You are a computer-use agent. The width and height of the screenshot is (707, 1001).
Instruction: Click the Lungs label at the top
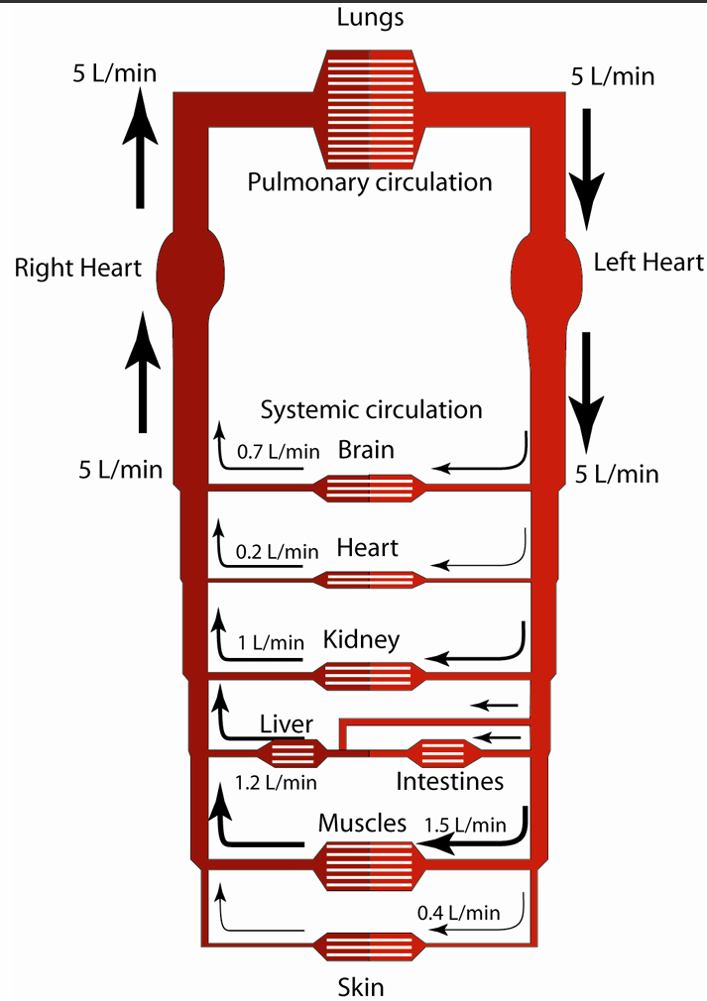pos(369,18)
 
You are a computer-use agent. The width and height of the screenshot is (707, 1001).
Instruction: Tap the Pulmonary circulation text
pos(369,182)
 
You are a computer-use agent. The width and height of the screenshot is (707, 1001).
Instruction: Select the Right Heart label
pos(78,267)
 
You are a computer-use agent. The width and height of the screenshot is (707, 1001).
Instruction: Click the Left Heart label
pos(648,262)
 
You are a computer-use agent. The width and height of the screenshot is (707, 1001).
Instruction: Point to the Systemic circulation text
pos(371,409)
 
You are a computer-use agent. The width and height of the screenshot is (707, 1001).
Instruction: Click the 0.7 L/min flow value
pos(278,452)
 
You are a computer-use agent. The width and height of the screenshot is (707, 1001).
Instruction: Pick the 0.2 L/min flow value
pos(278,551)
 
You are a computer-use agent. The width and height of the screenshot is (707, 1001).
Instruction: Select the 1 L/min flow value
pos(271,642)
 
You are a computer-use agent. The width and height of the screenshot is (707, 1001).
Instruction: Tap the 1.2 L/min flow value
pos(276,783)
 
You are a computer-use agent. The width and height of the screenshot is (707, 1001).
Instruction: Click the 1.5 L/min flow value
pos(465,825)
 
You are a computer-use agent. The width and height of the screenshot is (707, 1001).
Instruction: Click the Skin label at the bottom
pos(360,986)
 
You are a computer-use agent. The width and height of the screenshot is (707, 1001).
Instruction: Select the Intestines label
pos(449,782)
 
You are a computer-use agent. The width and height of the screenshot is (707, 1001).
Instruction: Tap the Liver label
pos(287,724)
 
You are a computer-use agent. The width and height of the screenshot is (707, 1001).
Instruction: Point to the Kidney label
pos(362,639)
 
